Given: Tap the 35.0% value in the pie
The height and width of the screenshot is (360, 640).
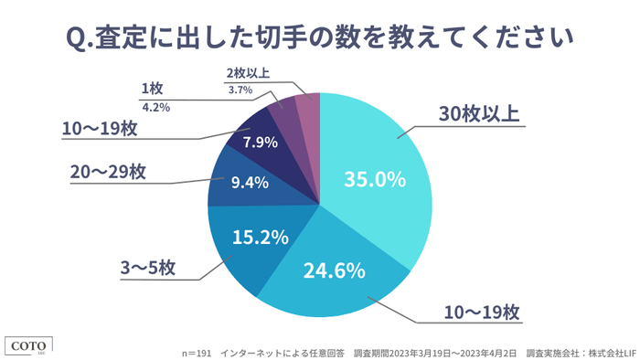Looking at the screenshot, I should (374, 179).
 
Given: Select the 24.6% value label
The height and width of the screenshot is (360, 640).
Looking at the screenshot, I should (335, 270).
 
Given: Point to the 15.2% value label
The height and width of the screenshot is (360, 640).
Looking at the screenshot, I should (261, 238).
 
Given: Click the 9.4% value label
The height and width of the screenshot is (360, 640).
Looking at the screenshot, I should (249, 182).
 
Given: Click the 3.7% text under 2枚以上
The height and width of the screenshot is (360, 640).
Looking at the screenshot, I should (240, 90).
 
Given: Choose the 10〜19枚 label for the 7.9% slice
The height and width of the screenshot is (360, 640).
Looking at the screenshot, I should (101, 129).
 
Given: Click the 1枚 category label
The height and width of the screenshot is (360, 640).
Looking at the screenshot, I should (152, 89).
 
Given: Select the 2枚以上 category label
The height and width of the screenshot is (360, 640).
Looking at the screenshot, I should (248, 72).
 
